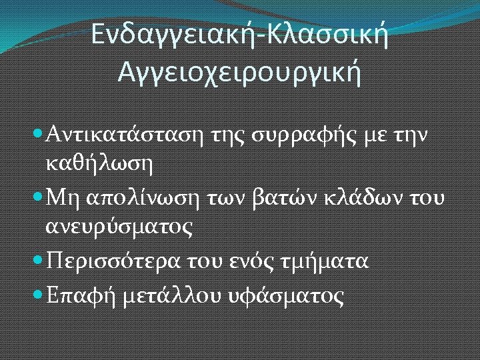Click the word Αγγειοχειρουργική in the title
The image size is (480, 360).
239,71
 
